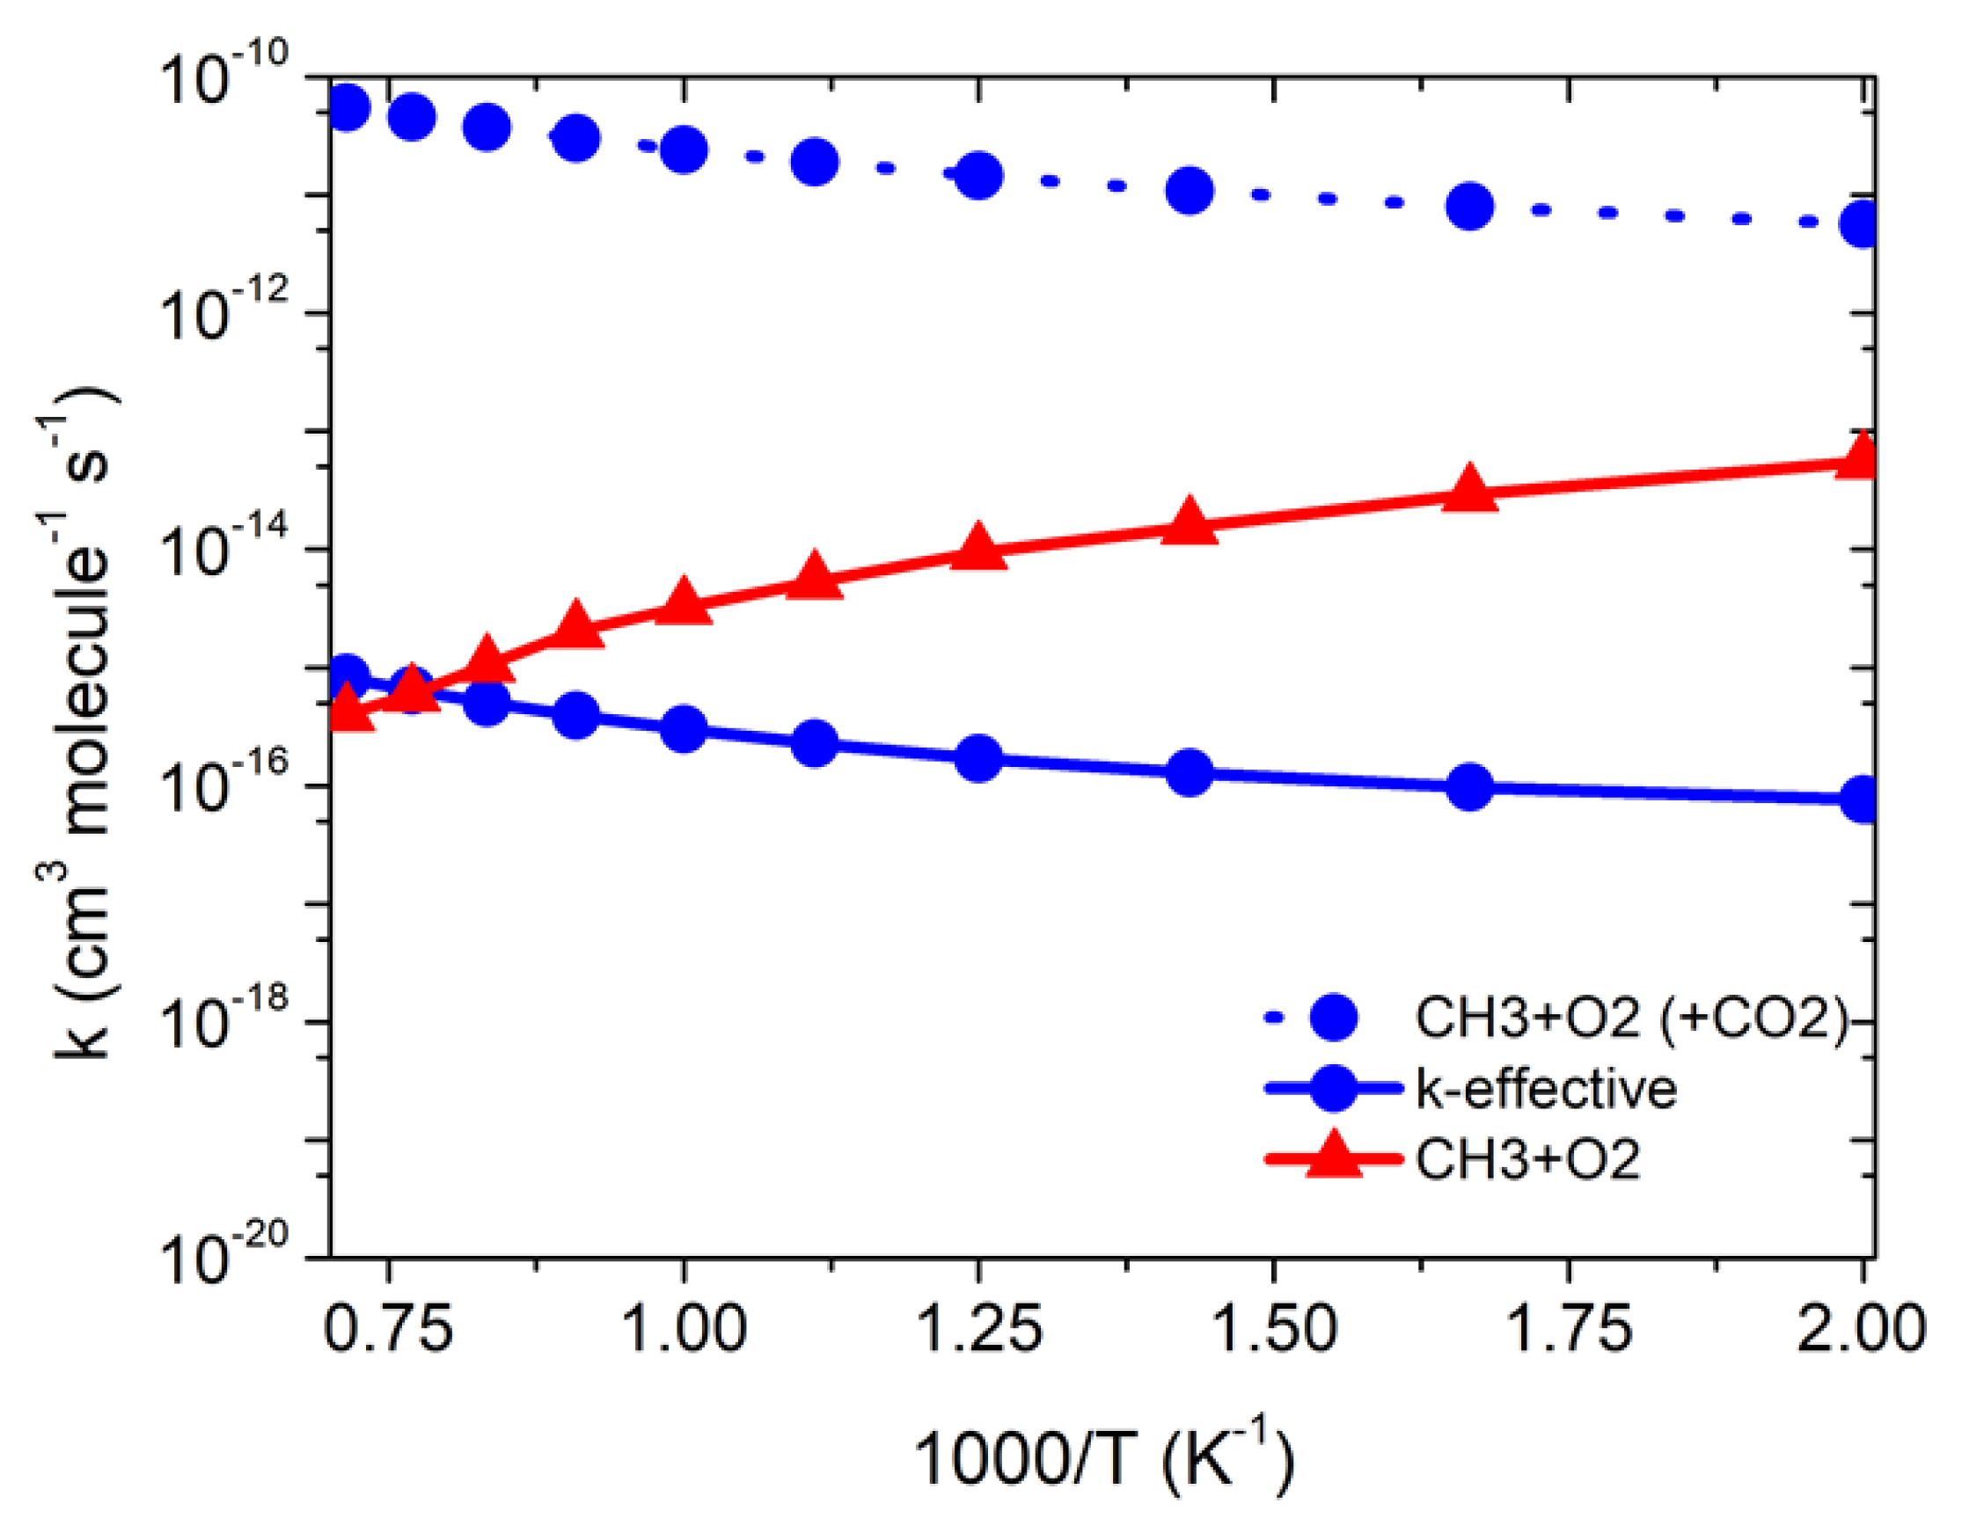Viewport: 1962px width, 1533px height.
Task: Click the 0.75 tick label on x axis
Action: pyautogui.click(x=388, y=1328)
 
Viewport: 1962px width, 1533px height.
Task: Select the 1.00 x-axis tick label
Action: pyautogui.click(x=684, y=1328)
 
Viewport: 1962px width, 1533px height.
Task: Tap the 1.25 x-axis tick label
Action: pyautogui.click(x=979, y=1328)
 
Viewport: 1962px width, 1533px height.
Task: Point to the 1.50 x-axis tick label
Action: pyautogui.click(x=1274, y=1328)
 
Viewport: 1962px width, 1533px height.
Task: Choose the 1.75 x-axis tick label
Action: pyautogui.click(x=1570, y=1328)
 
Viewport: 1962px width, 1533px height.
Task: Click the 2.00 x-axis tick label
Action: pyautogui.click(x=1862, y=1328)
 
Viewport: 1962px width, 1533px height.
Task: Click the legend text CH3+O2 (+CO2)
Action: pyautogui.click(x=1629, y=1018)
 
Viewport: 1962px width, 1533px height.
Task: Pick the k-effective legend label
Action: pyautogui.click(x=1546, y=1090)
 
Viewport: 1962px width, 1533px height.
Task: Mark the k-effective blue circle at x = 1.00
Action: pyautogui.click(x=684, y=728)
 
